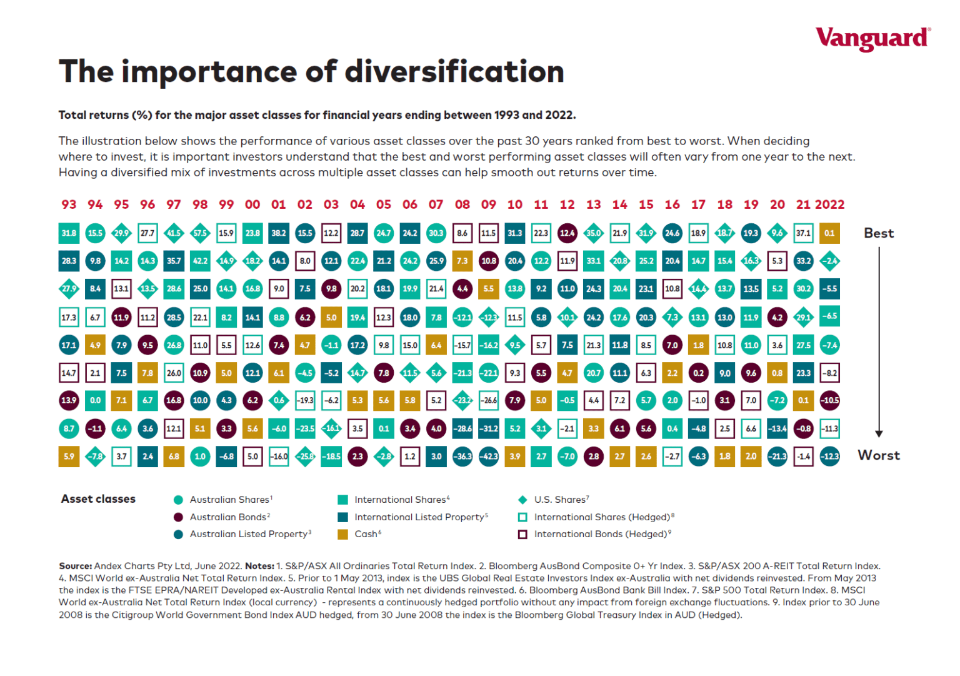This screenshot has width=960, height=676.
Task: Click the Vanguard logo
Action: pos(872,39)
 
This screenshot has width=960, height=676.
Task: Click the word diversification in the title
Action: pos(454,72)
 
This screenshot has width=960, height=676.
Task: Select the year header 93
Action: pos(69,204)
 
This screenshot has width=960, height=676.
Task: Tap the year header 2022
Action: pos(829,204)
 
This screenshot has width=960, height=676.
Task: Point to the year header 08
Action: pos(462,204)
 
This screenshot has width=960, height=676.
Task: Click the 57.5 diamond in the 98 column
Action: pos(200,233)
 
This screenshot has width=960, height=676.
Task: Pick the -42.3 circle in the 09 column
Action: pos(489,457)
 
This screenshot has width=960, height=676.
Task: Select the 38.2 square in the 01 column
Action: pos(279,233)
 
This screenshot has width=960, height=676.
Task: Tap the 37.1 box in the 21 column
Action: pos(803,233)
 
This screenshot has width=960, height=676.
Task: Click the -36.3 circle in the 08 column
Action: pos(462,457)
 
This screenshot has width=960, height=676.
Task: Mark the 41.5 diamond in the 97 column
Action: pos(174,233)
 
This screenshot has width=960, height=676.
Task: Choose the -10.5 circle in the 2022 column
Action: pos(829,400)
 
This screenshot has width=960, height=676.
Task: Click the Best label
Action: pos(879,233)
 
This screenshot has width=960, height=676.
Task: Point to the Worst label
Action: pos(879,455)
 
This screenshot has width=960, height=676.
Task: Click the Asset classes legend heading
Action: pos(98,499)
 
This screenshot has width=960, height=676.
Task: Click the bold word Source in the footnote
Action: pos(75,566)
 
